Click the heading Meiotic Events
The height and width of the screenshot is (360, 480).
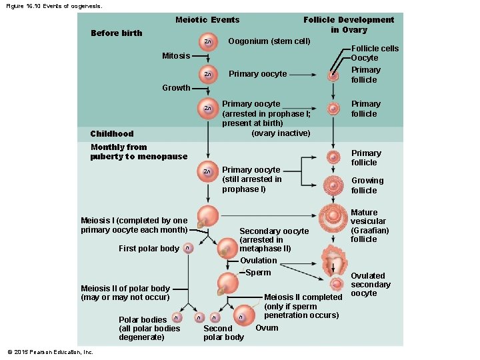pos(207,20)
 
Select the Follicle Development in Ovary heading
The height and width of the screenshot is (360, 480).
pos(348,25)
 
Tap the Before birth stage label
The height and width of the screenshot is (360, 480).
pos(116,33)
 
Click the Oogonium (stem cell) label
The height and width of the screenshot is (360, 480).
pos(269,41)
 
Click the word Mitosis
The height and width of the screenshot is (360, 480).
pos(176,56)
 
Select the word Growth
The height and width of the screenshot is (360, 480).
pos(176,88)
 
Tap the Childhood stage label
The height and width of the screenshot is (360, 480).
pos(112,134)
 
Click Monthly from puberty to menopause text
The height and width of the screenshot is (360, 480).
pos(139,152)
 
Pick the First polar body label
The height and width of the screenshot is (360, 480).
pos(149,249)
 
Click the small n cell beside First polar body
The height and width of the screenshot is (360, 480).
pos(187,249)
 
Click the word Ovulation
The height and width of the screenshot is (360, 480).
pos(258,261)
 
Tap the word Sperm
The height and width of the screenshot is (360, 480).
pos(258,273)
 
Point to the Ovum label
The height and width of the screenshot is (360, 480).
pos(267,328)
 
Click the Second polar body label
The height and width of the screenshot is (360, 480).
pos(223,333)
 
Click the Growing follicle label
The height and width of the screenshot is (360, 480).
pos(367,185)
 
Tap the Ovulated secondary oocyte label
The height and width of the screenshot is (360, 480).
pos(370,285)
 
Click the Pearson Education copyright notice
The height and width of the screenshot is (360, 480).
pos(50,352)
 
